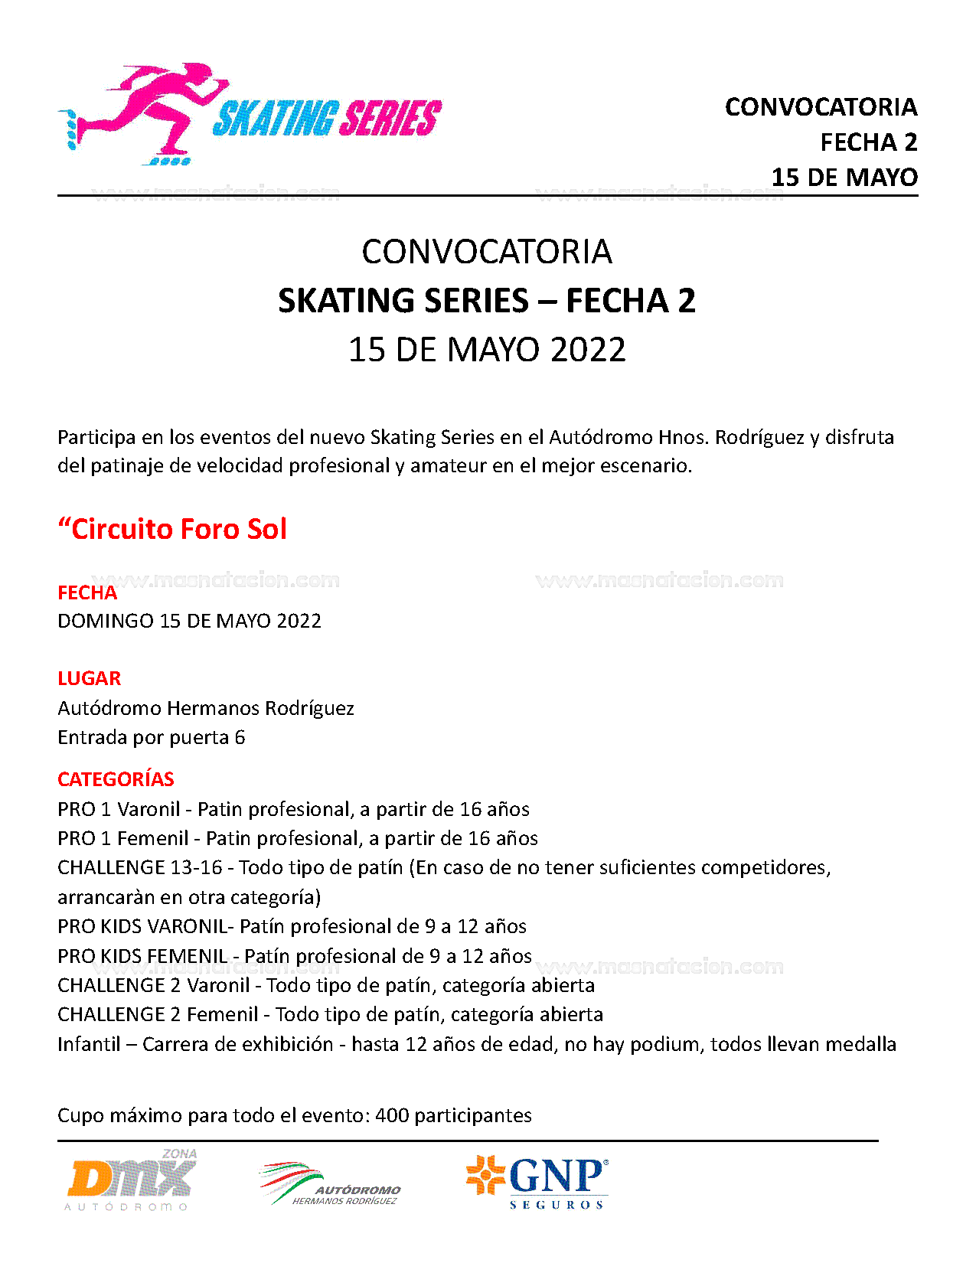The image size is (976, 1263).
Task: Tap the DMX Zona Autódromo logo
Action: (x=132, y=1180)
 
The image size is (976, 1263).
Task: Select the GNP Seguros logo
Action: (x=537, y=1181)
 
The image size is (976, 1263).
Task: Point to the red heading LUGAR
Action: (x=89, y=679)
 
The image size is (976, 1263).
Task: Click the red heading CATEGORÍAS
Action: (x=116, y=779)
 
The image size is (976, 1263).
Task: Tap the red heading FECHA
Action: (x=87, y=593)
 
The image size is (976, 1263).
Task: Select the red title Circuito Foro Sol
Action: (x=173, y=529)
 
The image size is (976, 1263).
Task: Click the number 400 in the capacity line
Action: (x=392, y=1115)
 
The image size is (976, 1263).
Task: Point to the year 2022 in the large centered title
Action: (x=588, y=350)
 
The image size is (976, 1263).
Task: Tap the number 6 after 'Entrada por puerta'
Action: (x=240, y=737)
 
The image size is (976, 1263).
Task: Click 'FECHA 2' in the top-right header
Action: (x=868, y=142)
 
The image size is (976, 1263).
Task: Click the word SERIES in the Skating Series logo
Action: (x=390, y=119)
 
